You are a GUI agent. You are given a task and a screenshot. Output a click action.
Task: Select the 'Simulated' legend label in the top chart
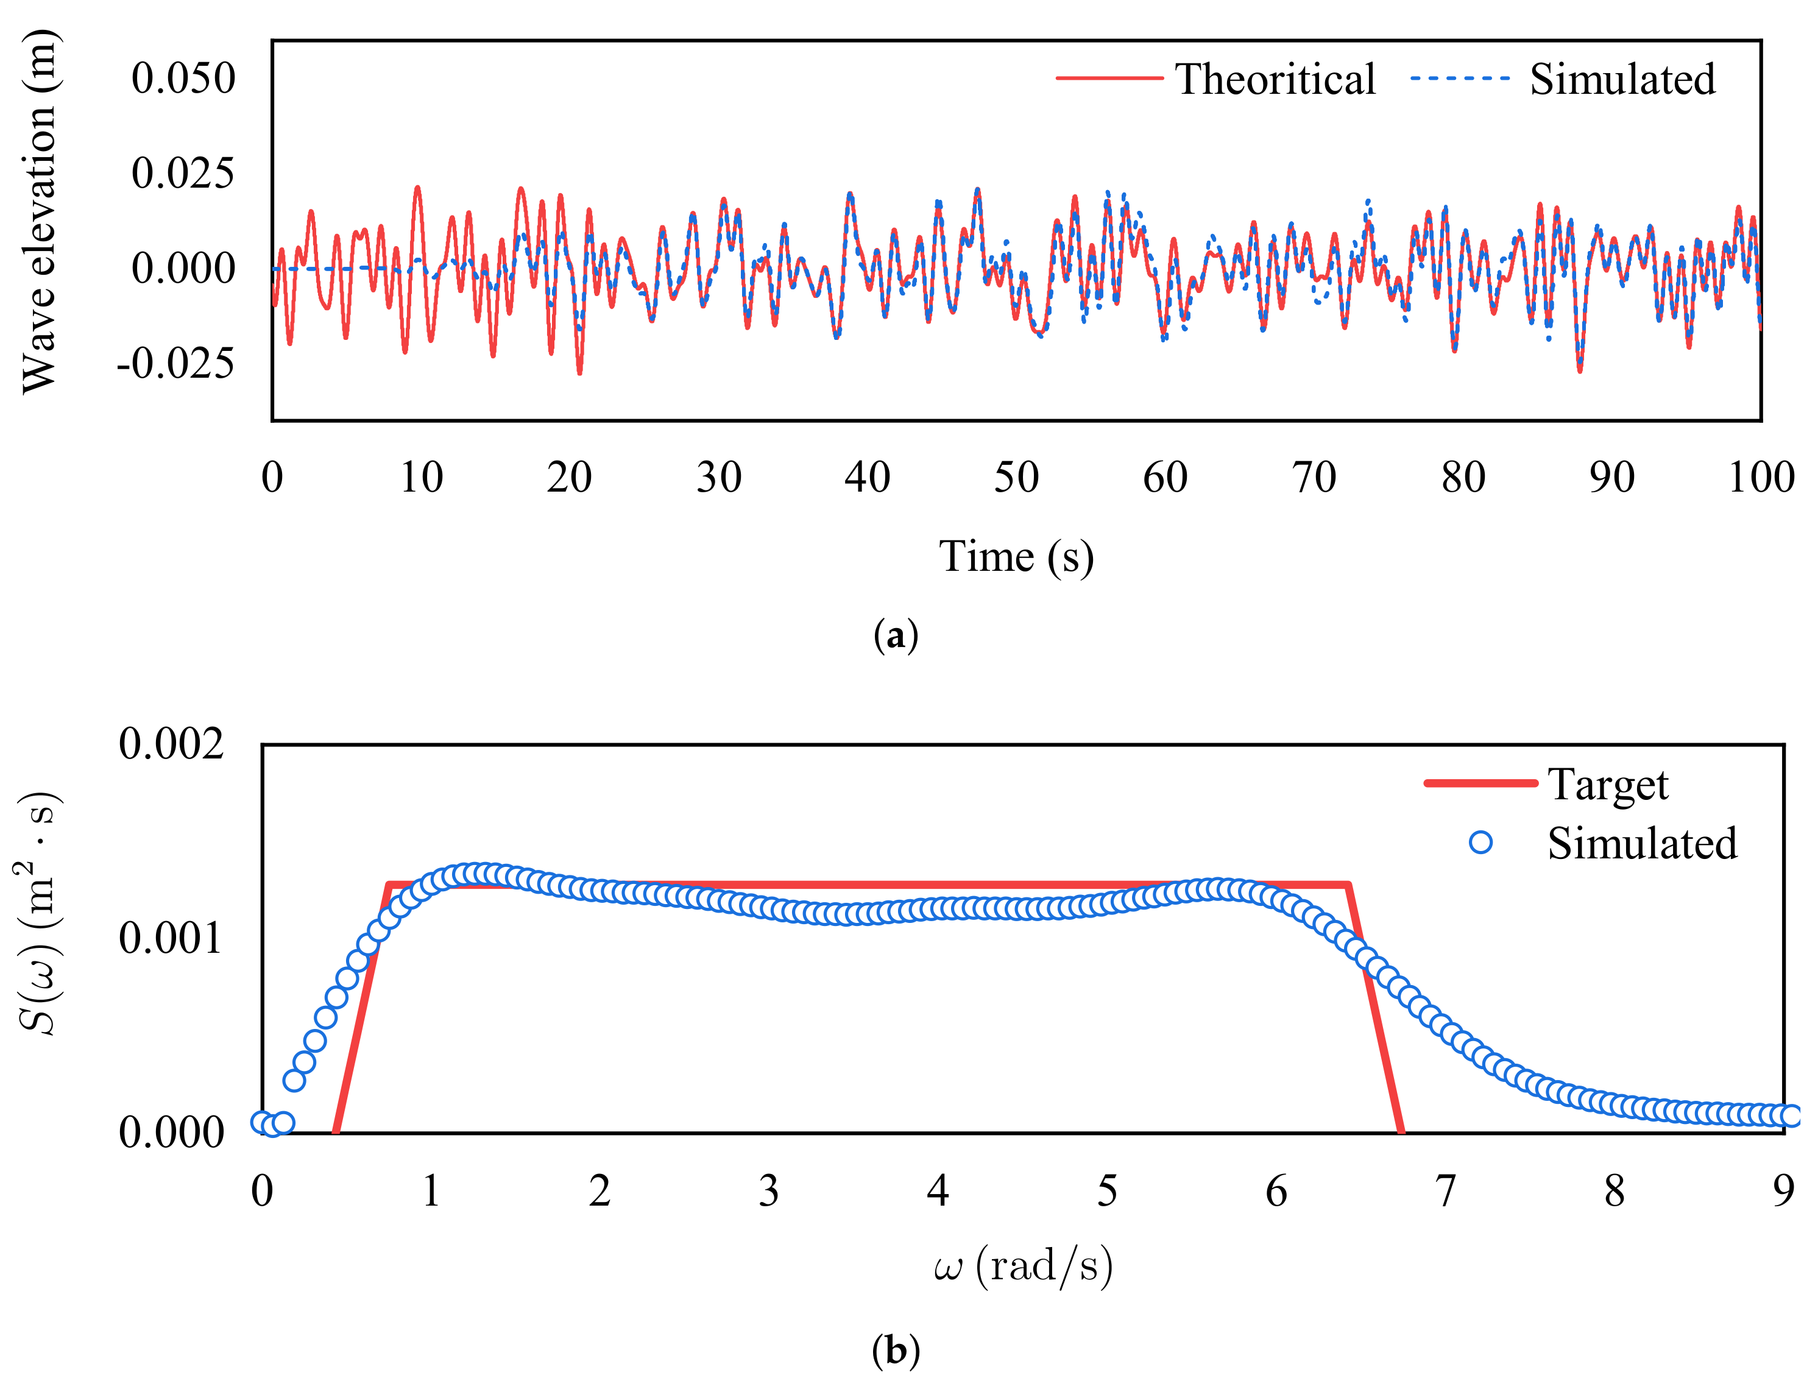click(x=1621, y=79)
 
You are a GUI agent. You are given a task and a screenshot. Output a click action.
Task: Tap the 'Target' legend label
click(x=1607, y=784)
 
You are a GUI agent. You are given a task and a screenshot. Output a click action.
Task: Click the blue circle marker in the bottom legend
click(x=1480, y=843)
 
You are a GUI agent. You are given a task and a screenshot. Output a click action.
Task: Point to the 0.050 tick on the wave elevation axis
click(x=183, y=79)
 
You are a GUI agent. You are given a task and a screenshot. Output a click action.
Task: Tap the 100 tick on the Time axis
click(x=1760, y=477)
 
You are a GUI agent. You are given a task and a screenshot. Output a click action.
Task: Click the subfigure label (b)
click(x=896, y=1350)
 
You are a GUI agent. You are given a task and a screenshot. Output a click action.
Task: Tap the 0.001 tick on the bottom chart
click(x=171, y=938)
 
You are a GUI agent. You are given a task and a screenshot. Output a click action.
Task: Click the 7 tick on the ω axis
click(x=1445, y=1192)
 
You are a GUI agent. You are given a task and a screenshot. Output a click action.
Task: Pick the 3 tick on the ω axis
click(x=768, y=1192)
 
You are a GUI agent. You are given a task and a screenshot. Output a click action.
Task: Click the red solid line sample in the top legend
click(x=1109, y=79)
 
